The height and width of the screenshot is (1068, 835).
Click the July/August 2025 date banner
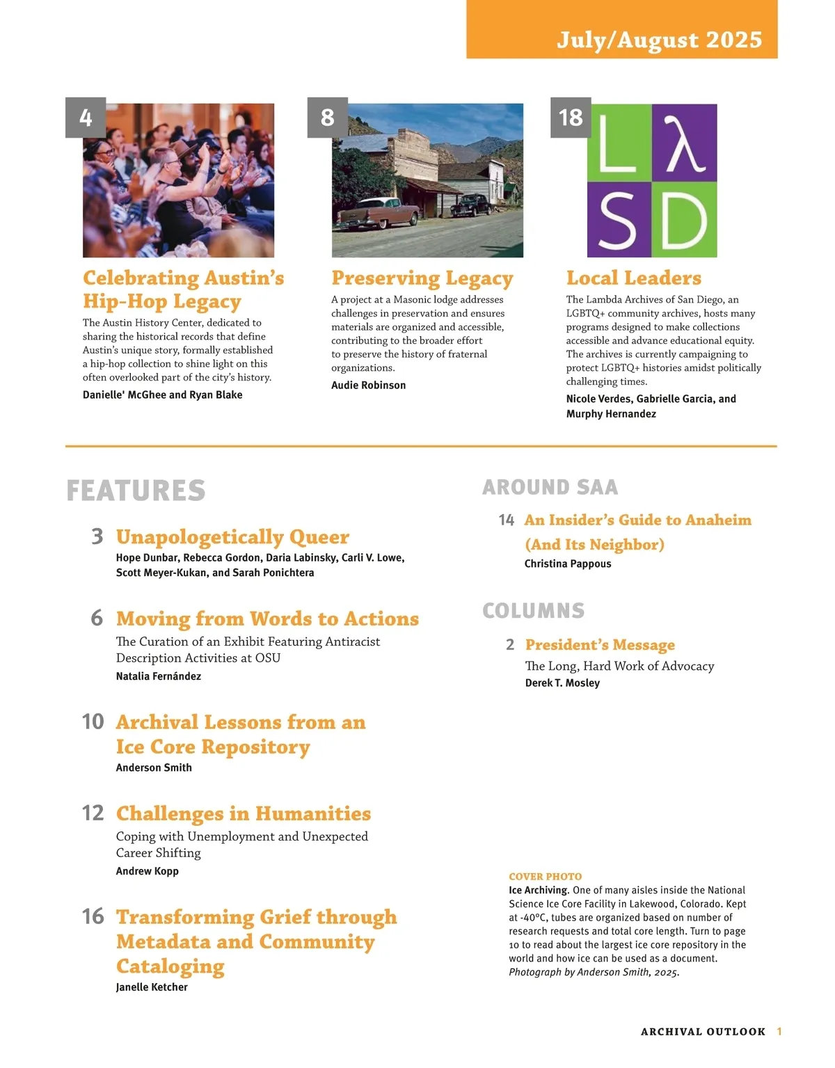tap(658, 39)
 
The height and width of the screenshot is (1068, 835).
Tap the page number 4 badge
tap(86, 117)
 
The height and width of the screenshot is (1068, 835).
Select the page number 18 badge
tap(571, 117)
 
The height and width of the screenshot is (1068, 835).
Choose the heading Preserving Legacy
tap(422, 278)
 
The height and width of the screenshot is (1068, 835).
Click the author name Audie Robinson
tap(368, 385)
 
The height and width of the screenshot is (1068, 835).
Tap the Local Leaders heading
tap(633, 278)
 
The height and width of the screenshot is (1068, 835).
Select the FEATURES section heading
tap(136, 491)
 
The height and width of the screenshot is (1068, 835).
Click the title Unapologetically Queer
tap(232, 536)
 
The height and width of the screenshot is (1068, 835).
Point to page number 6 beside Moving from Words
tap(97, 618)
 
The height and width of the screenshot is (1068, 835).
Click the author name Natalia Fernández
tap(158, 676)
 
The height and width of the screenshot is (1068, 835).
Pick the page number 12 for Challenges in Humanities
tap(93, 813)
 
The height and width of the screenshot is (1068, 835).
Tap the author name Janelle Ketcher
tap(152, 987)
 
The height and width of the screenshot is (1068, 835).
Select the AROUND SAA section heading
tap(550, 487)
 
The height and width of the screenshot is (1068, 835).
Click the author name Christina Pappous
tap(567, 564)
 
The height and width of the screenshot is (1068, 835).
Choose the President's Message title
tap(600, 644)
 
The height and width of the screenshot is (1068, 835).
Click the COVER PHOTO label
tap(545, 877)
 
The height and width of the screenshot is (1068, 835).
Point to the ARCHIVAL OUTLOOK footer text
tap(703, 1031)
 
